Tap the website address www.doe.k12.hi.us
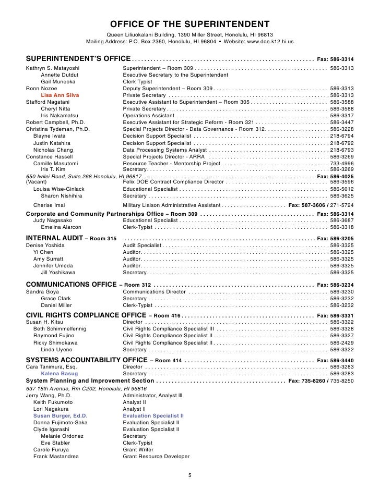[x=264, y=41]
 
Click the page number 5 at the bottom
[x=190, y=475]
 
